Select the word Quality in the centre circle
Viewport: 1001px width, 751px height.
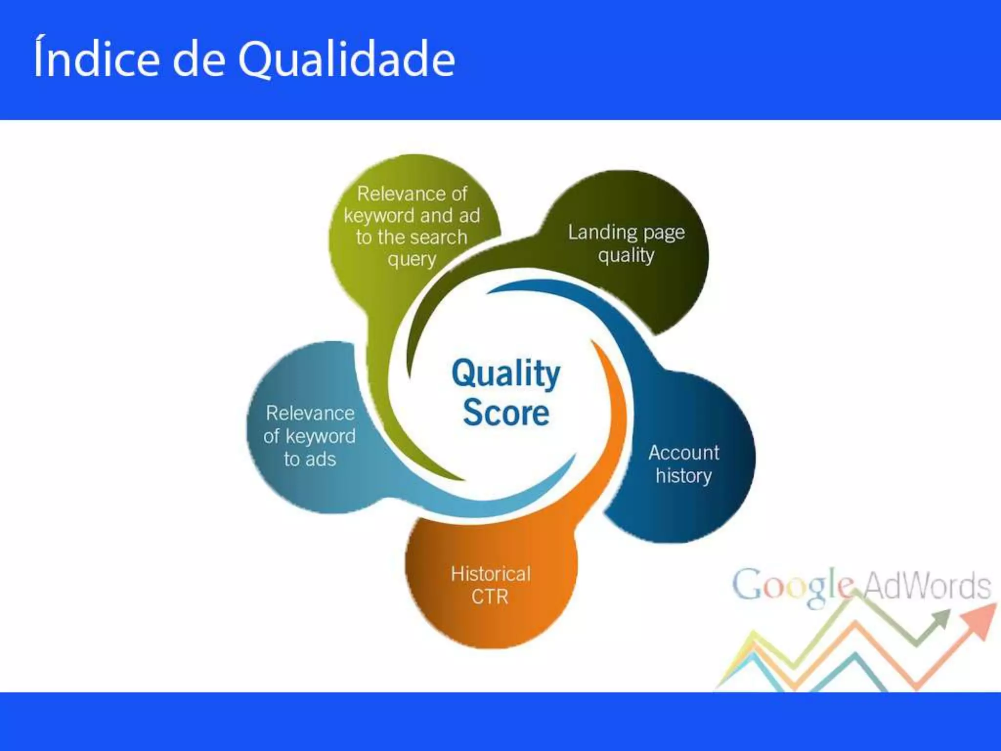pos(506,374)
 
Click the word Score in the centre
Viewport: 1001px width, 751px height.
pos(506,413)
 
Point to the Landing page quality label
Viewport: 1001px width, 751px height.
pos(626,243)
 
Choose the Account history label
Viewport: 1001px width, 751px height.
pos(683,464)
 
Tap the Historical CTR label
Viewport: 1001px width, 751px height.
pos(490,585)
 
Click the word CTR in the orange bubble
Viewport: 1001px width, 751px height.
pos(490,596)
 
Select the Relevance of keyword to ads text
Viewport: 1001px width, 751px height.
pos(309,436)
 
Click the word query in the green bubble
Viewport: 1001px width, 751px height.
pos(412,259)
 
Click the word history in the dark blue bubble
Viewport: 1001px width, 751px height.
pos(683,475)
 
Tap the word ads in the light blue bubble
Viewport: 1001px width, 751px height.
pos(321,459)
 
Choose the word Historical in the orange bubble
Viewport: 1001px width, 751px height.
pos(490,574)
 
